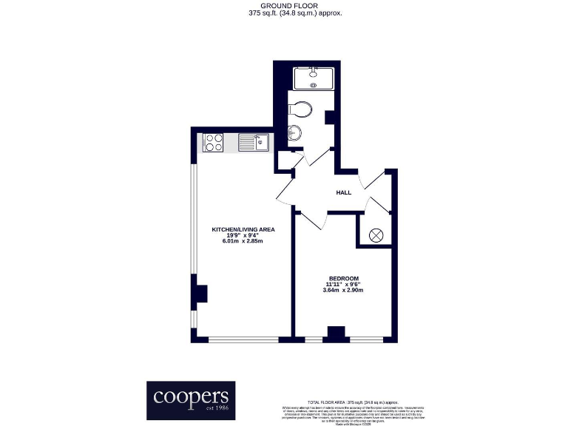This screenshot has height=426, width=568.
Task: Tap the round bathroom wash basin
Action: [x=294, y=133]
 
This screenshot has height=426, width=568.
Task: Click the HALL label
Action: [x=344, y=192]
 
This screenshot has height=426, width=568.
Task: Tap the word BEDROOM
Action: [x=344, y=278]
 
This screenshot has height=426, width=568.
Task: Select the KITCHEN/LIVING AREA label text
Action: [x=243, y=230]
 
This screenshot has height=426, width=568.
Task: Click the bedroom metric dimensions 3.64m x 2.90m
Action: [x=344, y=290]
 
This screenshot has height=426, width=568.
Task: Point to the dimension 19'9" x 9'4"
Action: [x=243, y=236]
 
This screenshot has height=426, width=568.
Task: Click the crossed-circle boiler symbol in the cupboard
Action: [x=375, y=235]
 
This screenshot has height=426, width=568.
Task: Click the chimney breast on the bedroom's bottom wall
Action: [x=337, y=334]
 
